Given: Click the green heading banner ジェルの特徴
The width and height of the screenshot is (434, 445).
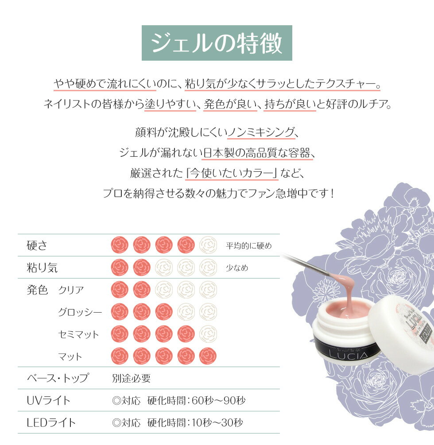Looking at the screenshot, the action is tap(217, 43).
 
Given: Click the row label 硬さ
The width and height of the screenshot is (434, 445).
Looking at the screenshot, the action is tap(37, 245).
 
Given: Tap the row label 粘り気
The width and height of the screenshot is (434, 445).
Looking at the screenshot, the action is tap(42, 267).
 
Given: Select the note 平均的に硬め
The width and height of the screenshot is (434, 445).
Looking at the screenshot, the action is tap(248, 245).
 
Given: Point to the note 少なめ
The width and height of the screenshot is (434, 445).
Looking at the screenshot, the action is tap(237, 267).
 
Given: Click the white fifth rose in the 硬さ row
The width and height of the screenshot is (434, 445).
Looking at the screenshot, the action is tap(208, 245).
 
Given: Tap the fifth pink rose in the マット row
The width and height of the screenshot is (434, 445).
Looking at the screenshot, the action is tap(208, 356).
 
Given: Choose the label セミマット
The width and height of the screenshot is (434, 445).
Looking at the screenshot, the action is tap(79, 334).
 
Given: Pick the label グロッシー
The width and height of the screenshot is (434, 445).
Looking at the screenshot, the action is tap(80, 312).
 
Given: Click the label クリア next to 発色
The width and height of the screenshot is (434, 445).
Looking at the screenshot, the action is tap(71, 290).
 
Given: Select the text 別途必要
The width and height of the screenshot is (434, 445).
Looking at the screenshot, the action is tap(131, 378).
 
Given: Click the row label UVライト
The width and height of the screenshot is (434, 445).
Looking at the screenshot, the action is tap(48, 400).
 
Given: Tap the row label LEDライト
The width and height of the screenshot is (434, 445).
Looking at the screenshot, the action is tap(51, 422).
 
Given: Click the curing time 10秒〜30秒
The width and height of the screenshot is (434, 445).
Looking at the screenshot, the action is tap(217, 422).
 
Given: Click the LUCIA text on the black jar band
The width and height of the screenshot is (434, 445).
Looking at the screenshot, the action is tap(348, 355).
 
